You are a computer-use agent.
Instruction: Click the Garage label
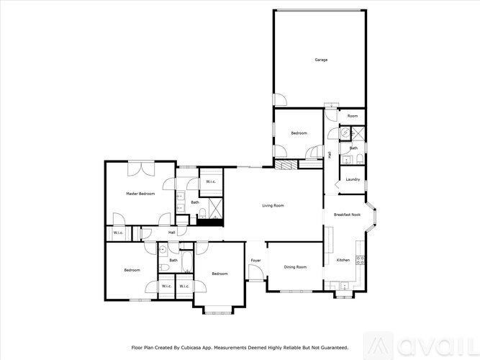[x=321, y=60]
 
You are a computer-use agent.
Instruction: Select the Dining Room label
[x=295, y=267]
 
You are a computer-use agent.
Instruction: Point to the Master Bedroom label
[x=140, y=194]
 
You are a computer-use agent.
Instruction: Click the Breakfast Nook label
[x=346, y=215]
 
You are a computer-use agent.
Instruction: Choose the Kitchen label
[x=343, y=260]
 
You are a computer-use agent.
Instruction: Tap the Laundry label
[x=353, y=179]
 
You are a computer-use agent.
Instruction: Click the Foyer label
[x=255, y=260]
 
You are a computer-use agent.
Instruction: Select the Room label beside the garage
[x=353, y=116]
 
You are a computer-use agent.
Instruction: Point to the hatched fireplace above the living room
[x=287, y=164]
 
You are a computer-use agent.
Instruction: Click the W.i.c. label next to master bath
[x=211, y=181]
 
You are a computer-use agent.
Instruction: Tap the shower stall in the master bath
[x=213, y=208]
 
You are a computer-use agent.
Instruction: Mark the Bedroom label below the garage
[x=299, y=133]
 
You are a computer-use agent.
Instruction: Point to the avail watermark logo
[x=431, y=345]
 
